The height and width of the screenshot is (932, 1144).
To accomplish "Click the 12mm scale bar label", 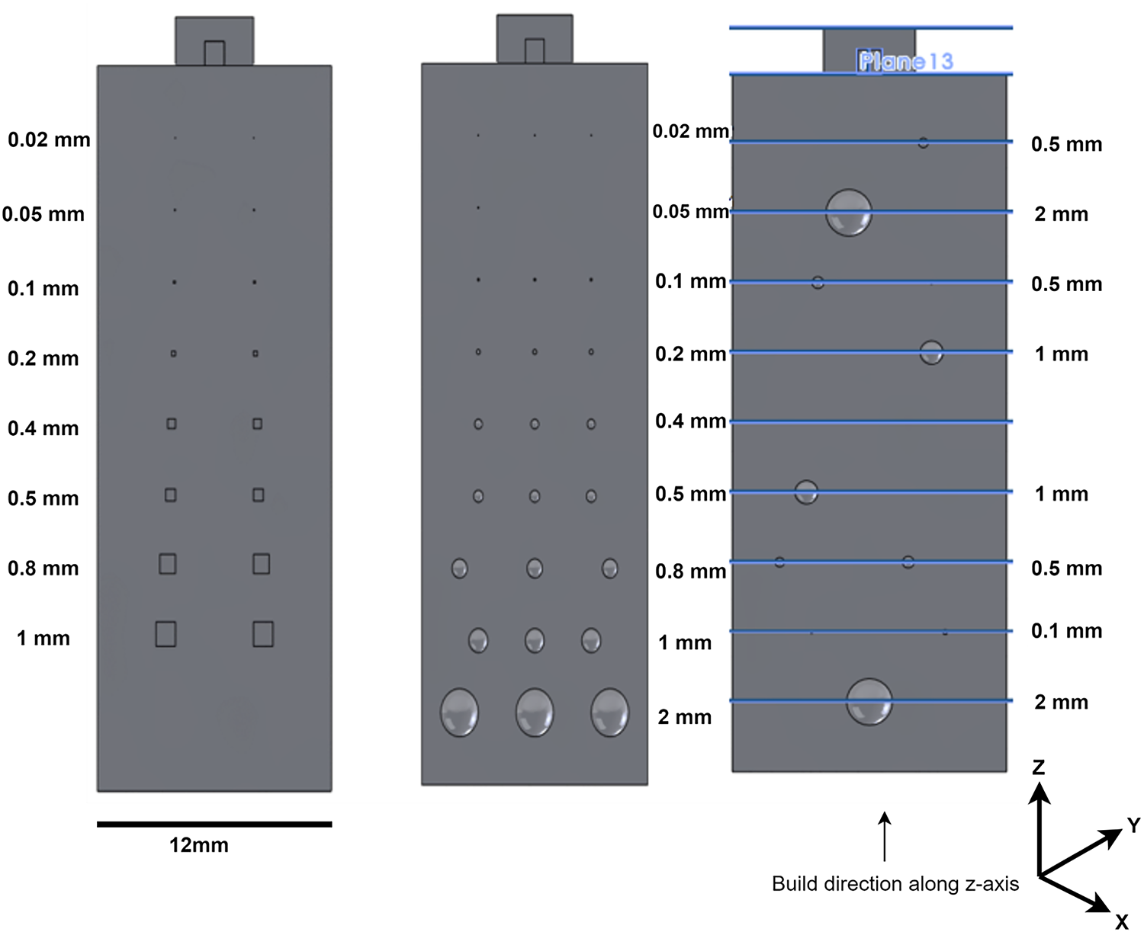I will point(199,845).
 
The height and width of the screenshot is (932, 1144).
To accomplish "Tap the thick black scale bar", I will point(214,824).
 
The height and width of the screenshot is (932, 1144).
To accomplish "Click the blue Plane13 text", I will point(906,62).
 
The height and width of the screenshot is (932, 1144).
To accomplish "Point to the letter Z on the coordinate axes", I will point(1038,767).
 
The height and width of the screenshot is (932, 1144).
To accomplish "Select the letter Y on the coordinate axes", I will point(1133,825).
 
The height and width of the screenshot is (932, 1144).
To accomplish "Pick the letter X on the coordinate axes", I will point(1121,922).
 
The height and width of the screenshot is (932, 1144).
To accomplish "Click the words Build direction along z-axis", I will point(895,884).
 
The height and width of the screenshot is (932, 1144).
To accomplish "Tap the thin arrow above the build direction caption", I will point(885,836).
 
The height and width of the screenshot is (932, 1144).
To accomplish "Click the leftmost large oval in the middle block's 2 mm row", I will point(459,713).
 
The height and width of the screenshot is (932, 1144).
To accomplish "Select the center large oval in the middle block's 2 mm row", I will point(535,713).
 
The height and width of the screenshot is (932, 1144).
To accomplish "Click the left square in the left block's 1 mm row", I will point(165,634).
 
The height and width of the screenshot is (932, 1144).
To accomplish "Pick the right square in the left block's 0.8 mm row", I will point(261,564).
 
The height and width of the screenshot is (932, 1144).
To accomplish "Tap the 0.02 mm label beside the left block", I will point(49,140).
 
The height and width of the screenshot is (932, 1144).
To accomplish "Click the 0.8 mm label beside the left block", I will point(43,568).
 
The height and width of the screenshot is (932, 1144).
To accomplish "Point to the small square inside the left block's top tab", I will point(214,53).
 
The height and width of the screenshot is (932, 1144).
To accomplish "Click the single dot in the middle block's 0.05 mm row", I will point(478,208).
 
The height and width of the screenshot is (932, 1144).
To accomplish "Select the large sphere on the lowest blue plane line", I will point(869,702).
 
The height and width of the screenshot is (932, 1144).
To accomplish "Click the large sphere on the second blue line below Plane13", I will point(848,213).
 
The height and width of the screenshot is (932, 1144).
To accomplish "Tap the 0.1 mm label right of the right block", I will point(1066,631).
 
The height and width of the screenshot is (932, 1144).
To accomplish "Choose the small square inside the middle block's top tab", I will point(535,51).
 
